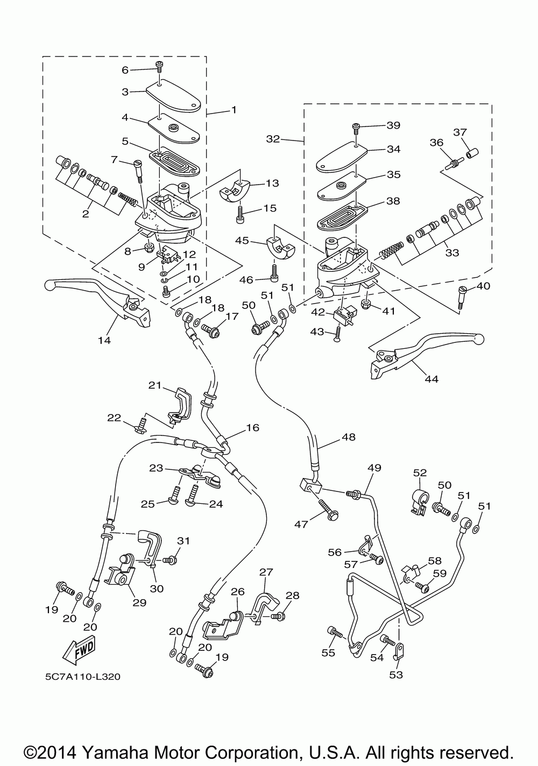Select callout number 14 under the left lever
tap(104, 340)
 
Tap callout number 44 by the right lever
tap(431, 379)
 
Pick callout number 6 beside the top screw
tap(125, 69)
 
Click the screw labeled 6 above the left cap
tap(160, 66)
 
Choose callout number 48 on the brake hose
tap(349, 437)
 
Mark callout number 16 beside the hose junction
tap(252, 428)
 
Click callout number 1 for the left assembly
tap(233, 110)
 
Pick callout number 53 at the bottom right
tap(396, 674)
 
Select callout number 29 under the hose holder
tap(139, 603)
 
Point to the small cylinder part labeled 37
tap(471, 154)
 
